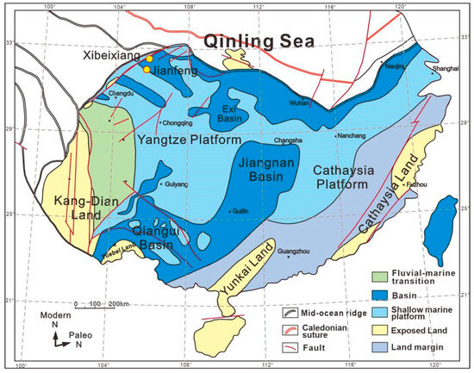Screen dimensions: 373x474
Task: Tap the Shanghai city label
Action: click(446, 67)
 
